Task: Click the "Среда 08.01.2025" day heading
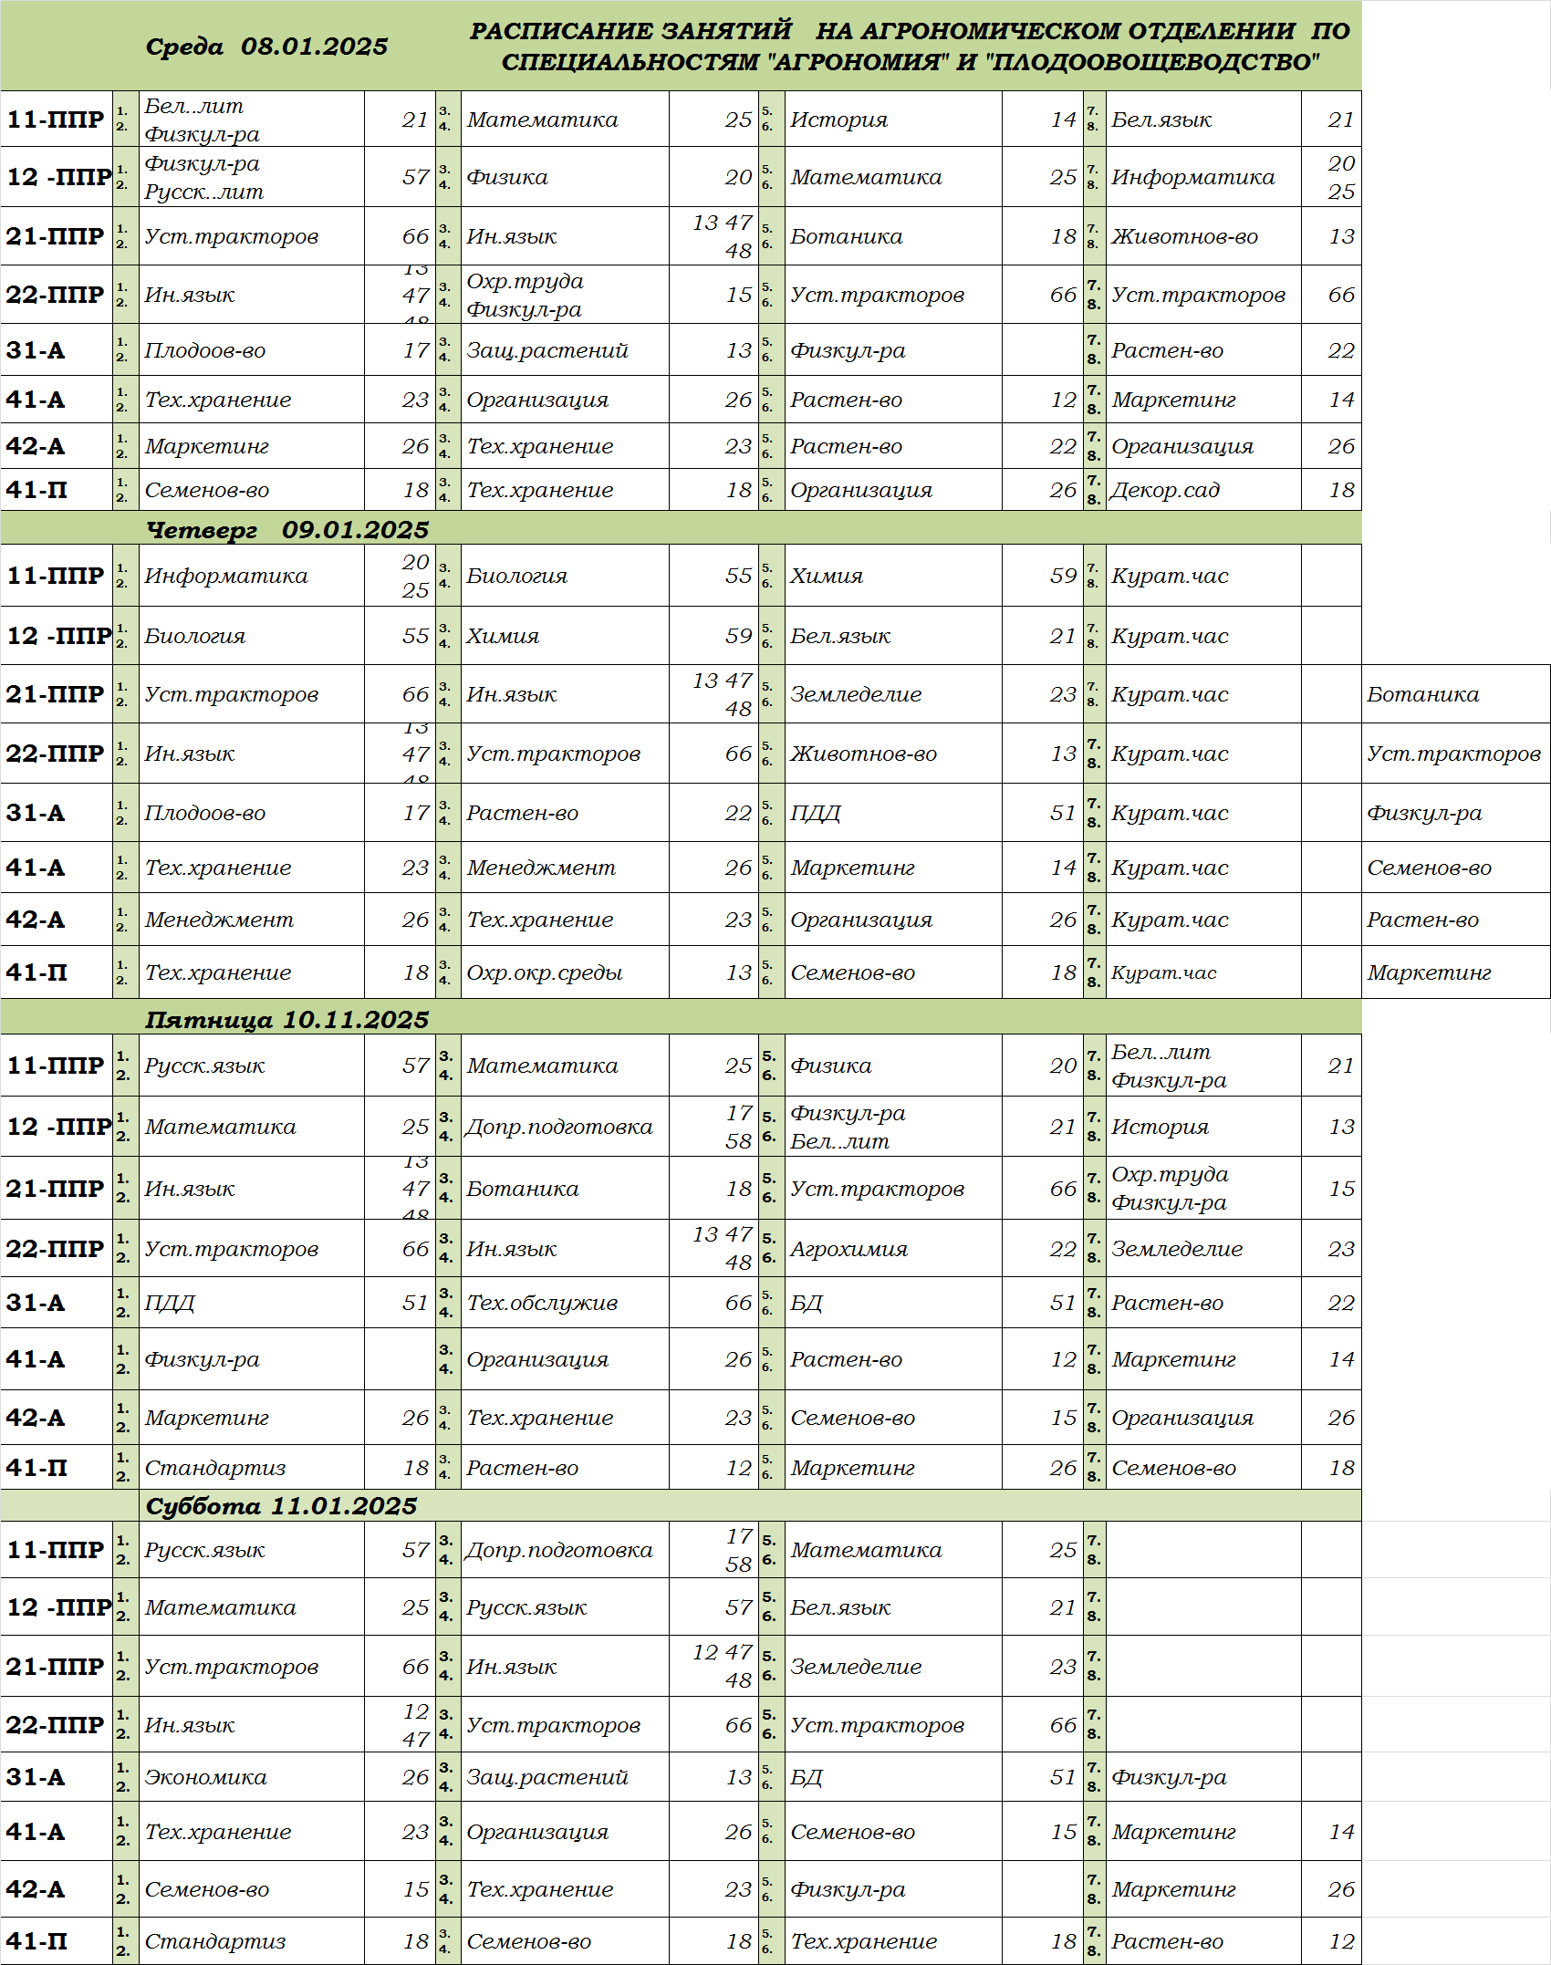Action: pos(266,47)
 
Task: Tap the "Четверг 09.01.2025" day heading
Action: pos(287,529)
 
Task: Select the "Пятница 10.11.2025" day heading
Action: pos(286,1019)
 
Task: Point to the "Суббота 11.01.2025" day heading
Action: pos(281,1505)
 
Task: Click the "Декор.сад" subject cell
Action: pos(1165,490)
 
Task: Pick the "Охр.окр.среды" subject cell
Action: pos(545,972)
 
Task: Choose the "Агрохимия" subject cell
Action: pos(848,1249)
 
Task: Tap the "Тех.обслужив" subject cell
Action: pos(542,1303)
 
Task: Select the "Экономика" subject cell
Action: pos(205,1777)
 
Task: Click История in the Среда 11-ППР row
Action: pos(838,120)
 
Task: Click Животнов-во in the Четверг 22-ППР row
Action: pos(863,754)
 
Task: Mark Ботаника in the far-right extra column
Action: pos(1422,694)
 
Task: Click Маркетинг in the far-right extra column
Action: pos(1429,972)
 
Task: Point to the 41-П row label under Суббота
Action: pos(36,1941)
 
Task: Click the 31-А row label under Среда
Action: pos(36,350)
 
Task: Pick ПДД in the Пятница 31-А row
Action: pos(170,1303)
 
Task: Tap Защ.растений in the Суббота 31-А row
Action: pos(547,1777)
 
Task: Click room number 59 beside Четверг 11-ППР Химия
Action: pos(1063,576)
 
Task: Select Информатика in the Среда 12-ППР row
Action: pos(1192,177)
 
